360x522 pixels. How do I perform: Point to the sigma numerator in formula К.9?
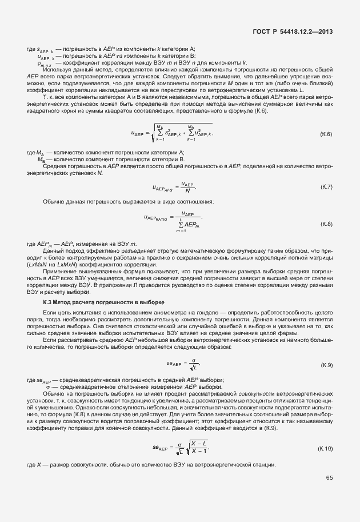pyautogui.click(x=195, y=360)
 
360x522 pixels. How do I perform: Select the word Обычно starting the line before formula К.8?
pyautogui.click(x=53, y=202)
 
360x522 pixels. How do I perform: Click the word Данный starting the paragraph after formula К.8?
pyautogui.click(x=53, y=250)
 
